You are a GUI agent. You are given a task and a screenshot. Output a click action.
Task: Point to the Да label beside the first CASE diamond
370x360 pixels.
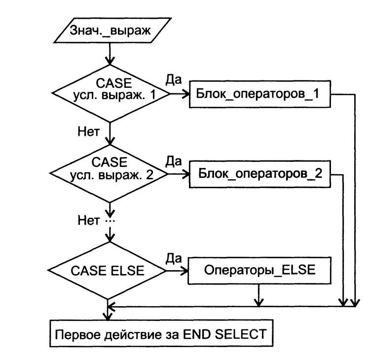[174, 80]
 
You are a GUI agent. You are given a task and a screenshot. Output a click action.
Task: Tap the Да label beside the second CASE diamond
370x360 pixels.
[174, 161]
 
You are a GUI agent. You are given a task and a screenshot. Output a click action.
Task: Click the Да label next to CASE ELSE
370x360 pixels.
[174, 258]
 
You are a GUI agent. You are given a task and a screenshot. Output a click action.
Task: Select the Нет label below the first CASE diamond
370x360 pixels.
[89, 131]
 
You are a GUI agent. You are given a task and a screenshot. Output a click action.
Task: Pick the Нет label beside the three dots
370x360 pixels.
[89, 220]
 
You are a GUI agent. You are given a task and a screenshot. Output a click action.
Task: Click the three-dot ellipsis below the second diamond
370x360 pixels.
[110, 221]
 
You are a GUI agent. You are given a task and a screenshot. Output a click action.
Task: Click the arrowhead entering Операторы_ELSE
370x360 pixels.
[185, 271]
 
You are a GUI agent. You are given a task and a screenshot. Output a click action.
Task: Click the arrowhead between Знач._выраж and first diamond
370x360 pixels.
[110, 60]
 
